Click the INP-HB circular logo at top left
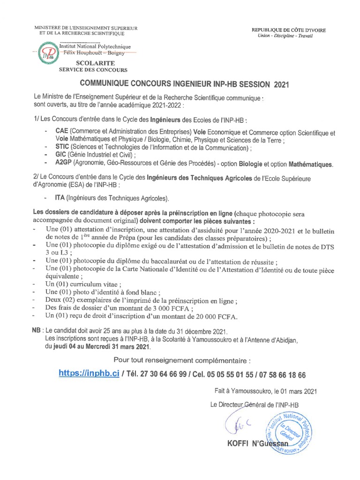coord(46,53)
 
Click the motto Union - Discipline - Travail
coord(288,36)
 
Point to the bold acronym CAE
coord(61,133)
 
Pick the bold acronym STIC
coord(62,149)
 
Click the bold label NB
coord(36,330)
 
